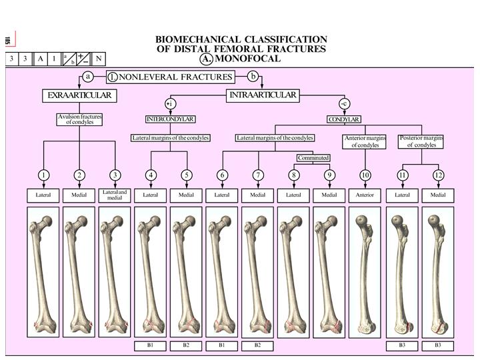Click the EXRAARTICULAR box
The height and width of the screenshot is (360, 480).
(x=79, y=96)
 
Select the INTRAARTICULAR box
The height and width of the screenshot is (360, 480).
(x=263, y=95)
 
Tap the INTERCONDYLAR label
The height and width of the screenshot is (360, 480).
(x=170, y=119)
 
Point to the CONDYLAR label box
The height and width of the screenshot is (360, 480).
(x=344, y=119)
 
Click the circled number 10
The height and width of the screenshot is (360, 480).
(x=365, y=175)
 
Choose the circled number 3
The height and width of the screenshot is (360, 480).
(x=115, y=175)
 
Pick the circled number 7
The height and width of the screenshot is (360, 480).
(x=257, y=175)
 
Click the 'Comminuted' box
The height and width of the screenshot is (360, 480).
(x=313, y=158)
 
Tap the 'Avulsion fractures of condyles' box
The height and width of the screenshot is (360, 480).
(x=79, y=120)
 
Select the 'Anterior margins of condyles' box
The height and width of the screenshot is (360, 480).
(x=365, y=141)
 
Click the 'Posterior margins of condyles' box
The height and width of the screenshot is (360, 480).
(x=421, y=141)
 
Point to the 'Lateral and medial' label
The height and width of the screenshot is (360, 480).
(x=115, y=195)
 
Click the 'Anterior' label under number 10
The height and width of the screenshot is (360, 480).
(x=365, y=195)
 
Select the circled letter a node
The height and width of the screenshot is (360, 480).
(x=88, y=76)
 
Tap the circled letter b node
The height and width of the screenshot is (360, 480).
(x=253, y=76)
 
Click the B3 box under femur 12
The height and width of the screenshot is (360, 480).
(x=438, y=346)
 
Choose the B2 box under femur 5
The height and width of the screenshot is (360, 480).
(x=186, y=346)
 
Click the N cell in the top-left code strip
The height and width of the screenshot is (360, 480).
(x=98, y=59)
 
